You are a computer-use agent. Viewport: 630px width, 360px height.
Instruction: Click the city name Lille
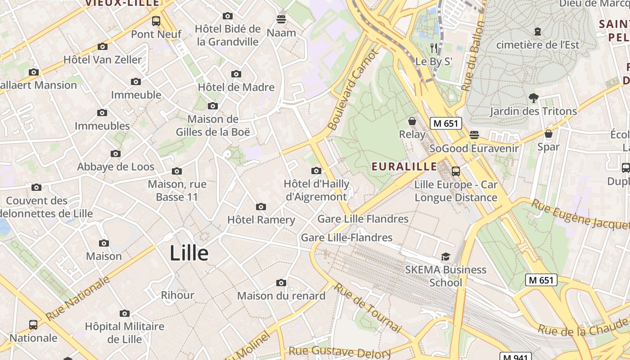pos(189,253)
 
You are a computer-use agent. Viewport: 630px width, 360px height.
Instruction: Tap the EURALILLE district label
pos(404,166)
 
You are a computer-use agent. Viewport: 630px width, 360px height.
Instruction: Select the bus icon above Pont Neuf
pos(156,21)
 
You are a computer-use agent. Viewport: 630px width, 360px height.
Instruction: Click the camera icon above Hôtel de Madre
pos(236,74)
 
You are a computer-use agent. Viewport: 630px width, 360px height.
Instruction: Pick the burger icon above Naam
pos(281,19)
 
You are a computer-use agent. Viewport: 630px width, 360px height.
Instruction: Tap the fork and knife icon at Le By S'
pos(434,48)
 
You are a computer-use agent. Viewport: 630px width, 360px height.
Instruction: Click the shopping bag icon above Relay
pos(412,121)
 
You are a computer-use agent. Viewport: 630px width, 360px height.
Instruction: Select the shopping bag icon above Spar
pos(548,134)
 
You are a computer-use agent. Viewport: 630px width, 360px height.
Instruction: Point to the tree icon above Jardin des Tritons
pos(533,98)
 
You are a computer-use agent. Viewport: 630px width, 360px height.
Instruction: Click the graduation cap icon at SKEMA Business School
pos(445,256)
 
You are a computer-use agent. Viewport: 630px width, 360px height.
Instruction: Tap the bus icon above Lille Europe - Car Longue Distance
pos(456,171)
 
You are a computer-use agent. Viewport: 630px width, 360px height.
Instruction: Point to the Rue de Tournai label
pos(368,308)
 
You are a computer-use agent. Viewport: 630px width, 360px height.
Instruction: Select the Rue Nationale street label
pos(78,298)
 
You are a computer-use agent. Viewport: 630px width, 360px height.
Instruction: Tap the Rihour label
pos(178,295)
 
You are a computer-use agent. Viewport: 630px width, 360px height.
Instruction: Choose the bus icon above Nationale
pos(33,324)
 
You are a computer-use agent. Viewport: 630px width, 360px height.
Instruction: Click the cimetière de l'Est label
pos(538,45)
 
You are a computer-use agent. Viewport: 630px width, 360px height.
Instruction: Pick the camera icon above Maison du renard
pos(281,283)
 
